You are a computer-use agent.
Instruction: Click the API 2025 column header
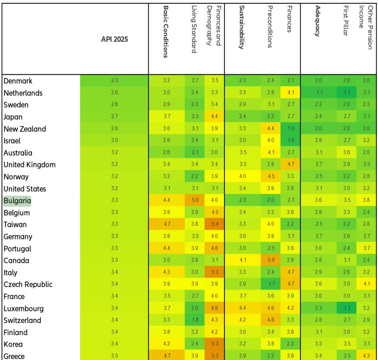coord(114,39)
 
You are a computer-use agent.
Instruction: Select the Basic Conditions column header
coord(165,32)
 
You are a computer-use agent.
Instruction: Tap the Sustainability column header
coord(241,27)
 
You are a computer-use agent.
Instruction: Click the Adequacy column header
coord(317,21)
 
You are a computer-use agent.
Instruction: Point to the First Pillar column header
coord(345,21)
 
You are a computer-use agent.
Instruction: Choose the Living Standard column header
coord(194,29)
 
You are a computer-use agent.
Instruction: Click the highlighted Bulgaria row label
coord(17,201)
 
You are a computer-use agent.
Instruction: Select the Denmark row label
coord(18,81)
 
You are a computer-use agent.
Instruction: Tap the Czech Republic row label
coord(28,284)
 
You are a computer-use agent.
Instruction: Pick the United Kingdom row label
coord(30,165)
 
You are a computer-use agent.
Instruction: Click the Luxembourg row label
coord(24,309)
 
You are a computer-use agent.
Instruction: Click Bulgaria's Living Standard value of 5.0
coord(195,200)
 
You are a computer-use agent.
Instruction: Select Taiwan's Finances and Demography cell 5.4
coord(215,224)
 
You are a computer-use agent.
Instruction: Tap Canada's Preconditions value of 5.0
coord(271,260)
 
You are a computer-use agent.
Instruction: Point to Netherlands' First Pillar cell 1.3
coord(346,92)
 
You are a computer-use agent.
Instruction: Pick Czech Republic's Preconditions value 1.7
coord(271,284)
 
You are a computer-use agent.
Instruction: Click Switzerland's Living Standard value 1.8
coord(195,320)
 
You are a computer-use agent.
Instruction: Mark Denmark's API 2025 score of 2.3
coord(114,80)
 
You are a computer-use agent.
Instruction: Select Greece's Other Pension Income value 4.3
coord(366,356)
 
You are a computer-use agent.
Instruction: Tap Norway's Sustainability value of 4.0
coord(242,176)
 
